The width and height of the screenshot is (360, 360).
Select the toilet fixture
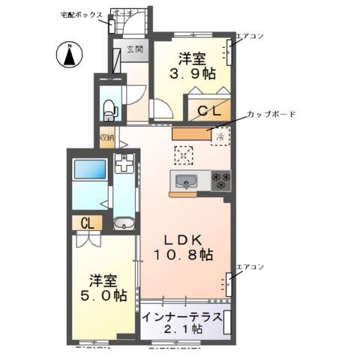(x=109, y=109)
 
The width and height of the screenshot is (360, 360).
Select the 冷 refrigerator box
(x=220, y=136)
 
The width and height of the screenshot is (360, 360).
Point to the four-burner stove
(x=222, y=180)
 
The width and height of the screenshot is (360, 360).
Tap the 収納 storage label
(x=106, y=138)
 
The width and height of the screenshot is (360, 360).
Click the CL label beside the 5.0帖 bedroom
(x=88, y=223)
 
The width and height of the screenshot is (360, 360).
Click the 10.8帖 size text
(x=184, y=255)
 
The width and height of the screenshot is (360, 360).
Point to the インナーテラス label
(x=182, y=316)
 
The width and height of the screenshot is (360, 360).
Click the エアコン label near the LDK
(x=249, y=267)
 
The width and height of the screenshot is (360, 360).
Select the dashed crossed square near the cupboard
(x=184, y=154)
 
